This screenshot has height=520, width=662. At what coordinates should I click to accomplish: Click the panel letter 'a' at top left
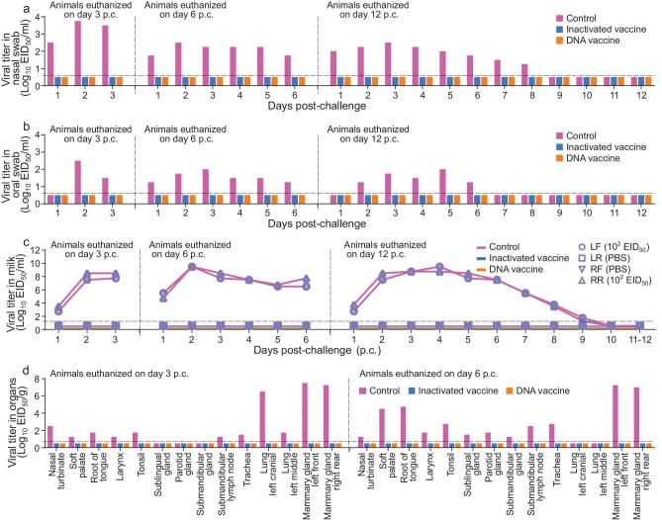pos(7,8)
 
